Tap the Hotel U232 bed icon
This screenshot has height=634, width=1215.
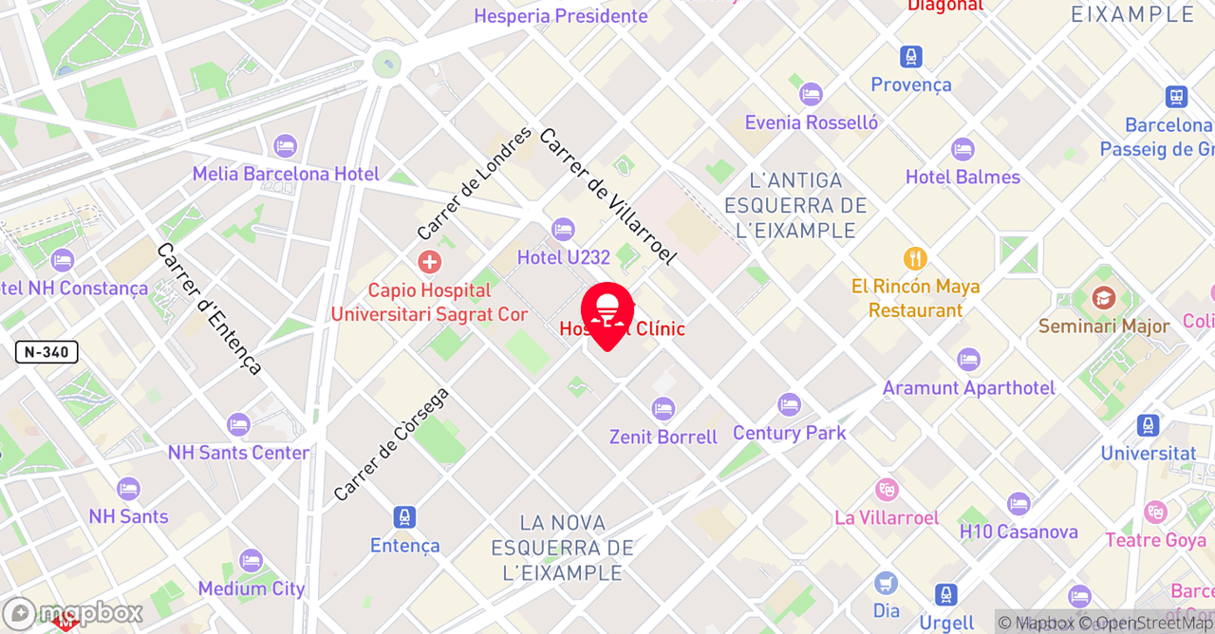(563, 229)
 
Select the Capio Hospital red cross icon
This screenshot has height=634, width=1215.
(429, 261)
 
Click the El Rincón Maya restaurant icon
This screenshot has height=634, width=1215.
(915, 258)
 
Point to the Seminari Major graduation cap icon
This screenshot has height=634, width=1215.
(1103, 298)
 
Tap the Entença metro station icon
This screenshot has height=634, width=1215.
(405, 517)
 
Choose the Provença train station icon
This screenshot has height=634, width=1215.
(911, 57)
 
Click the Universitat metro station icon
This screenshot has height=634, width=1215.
(1148, 425)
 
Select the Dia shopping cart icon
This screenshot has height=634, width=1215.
(886, 583)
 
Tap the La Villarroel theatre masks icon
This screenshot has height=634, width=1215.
(887, 490)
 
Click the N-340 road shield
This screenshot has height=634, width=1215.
(47, 352)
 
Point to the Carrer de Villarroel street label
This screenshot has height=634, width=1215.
(607, 196)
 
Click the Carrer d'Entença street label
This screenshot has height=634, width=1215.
(210, 308)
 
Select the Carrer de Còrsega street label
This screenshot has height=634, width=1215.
(391, 444)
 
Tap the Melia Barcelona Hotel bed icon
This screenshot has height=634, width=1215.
(285, 146)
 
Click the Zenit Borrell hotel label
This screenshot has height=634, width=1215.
(664, 438)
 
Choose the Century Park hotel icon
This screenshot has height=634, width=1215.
(789, 404)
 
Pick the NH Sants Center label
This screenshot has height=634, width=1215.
(238, 453)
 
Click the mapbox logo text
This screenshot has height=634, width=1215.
(90, 613)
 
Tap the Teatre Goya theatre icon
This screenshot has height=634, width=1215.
(1155, 513)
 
